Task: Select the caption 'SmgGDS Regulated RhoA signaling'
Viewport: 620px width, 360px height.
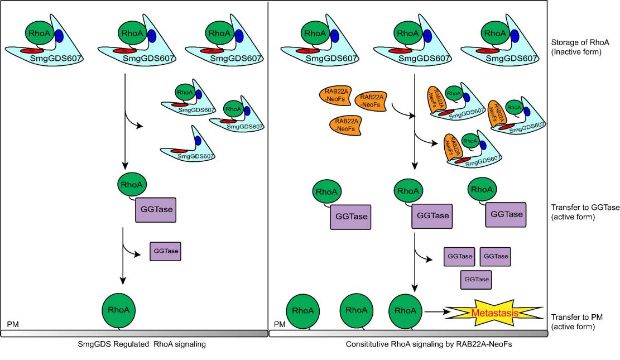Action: click(142, 344)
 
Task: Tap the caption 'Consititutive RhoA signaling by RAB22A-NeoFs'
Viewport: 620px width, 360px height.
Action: click(429, 344)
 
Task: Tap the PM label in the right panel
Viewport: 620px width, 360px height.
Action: click(280, 324)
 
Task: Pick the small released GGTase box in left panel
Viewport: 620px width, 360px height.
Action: click(166, 251)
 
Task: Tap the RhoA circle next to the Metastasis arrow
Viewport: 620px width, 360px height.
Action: click(405, 310)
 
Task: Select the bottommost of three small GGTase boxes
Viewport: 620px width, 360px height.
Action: click(477, 279)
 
